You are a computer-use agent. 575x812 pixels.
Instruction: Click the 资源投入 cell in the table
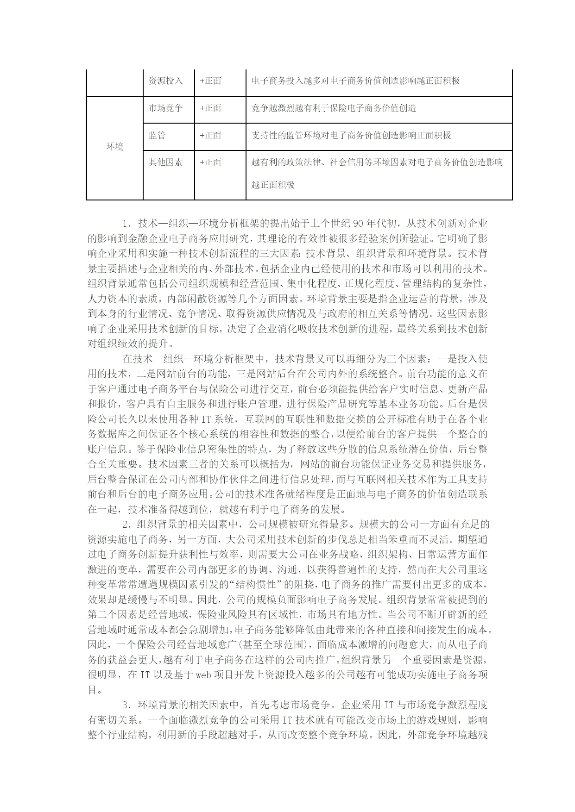(x=165, y=81)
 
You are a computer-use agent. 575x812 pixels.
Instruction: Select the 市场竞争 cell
(x=165, y=108)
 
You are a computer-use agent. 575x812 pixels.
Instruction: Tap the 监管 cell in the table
(x=157, y=136)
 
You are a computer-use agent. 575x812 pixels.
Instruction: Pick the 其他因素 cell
(x=165, y=162)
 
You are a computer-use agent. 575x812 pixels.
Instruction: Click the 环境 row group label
(x=115, y=147)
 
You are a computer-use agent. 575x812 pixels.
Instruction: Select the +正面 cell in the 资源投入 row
(x=210, y=81)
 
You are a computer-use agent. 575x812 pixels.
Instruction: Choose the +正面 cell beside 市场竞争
(x=210, y=108)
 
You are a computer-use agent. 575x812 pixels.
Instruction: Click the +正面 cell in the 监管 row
(x=210, y=136)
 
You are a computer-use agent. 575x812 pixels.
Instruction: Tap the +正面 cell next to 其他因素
(x=210, y=162)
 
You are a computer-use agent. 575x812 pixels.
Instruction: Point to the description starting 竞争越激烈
(x=334, y=108)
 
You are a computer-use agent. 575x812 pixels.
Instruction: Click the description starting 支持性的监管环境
(x=351, y=136)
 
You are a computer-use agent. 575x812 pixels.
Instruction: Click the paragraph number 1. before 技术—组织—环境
(x=127, y=224)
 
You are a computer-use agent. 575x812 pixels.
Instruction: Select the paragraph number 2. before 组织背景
(x=127, y=525)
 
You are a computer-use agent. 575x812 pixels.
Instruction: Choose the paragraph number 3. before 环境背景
(x=127, y=705)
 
